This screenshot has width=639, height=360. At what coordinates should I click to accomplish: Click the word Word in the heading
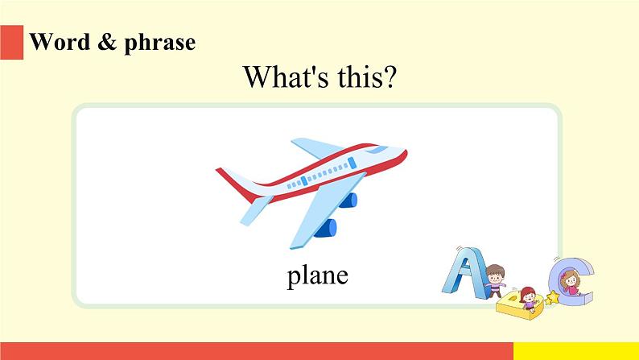pyautogui.click(x=60, y=42)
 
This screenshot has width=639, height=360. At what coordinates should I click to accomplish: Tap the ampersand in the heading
pyautogui.click(x=107, y=42)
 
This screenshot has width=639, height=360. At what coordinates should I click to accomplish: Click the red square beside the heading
pyautogui.click(x=11, y=42)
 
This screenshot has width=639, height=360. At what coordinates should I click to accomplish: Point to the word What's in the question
pyautogui.click(x=286, y=77)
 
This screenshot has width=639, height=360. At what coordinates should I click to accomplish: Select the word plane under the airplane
pyautogui.click(x=317, y=276)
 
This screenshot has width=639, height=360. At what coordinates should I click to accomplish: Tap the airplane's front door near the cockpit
pyautogui.click(x=352, y=163)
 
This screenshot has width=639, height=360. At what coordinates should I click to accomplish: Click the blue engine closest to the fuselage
pyautogui.click(x=348, y=201)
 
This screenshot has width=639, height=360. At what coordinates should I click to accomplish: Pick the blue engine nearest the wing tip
pyautogui.click(x=326, y=228)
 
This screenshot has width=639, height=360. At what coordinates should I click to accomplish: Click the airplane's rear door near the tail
pyautogui.click(x=304, y=181)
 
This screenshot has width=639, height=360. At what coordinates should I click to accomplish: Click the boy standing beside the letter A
pyautogui.click(x=495, y=281)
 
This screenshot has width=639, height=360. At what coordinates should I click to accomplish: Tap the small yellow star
pyautogui.click(x=553, y=298)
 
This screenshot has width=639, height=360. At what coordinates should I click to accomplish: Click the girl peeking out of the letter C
pyautogui.click(x=571, y=283)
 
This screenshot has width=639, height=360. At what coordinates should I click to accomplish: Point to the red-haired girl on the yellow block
pyautogui.click(x=527, y=299)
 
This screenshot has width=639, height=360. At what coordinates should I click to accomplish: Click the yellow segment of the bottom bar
pyautogui.click(x=576, y=351)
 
